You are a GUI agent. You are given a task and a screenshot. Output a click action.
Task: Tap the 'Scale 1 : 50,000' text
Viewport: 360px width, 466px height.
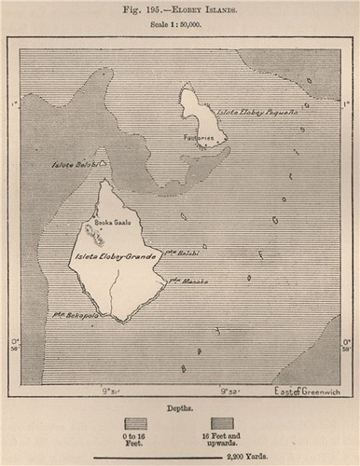point(179,24)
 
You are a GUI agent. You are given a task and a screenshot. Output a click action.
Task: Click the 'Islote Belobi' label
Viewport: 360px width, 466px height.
point(73,162)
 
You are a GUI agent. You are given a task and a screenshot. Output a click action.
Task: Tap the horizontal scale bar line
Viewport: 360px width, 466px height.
point(179,452)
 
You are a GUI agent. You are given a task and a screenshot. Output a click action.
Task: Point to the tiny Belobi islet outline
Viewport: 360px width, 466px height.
point(103,163)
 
